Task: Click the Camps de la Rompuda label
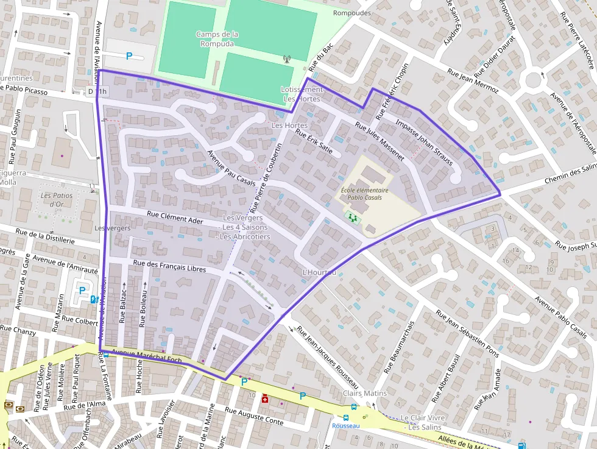(217, 39)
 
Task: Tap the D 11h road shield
(97, 91)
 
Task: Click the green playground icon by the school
(352, 216)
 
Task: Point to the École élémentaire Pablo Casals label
(364, 194)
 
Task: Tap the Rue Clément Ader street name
(175, 219)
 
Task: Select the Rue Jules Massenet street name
(380, 142)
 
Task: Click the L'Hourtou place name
(319, 272)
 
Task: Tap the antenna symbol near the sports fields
(287, 59)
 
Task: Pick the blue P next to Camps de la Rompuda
(129, 56)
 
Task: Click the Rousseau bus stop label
(345, 426)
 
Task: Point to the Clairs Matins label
(365, 393)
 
